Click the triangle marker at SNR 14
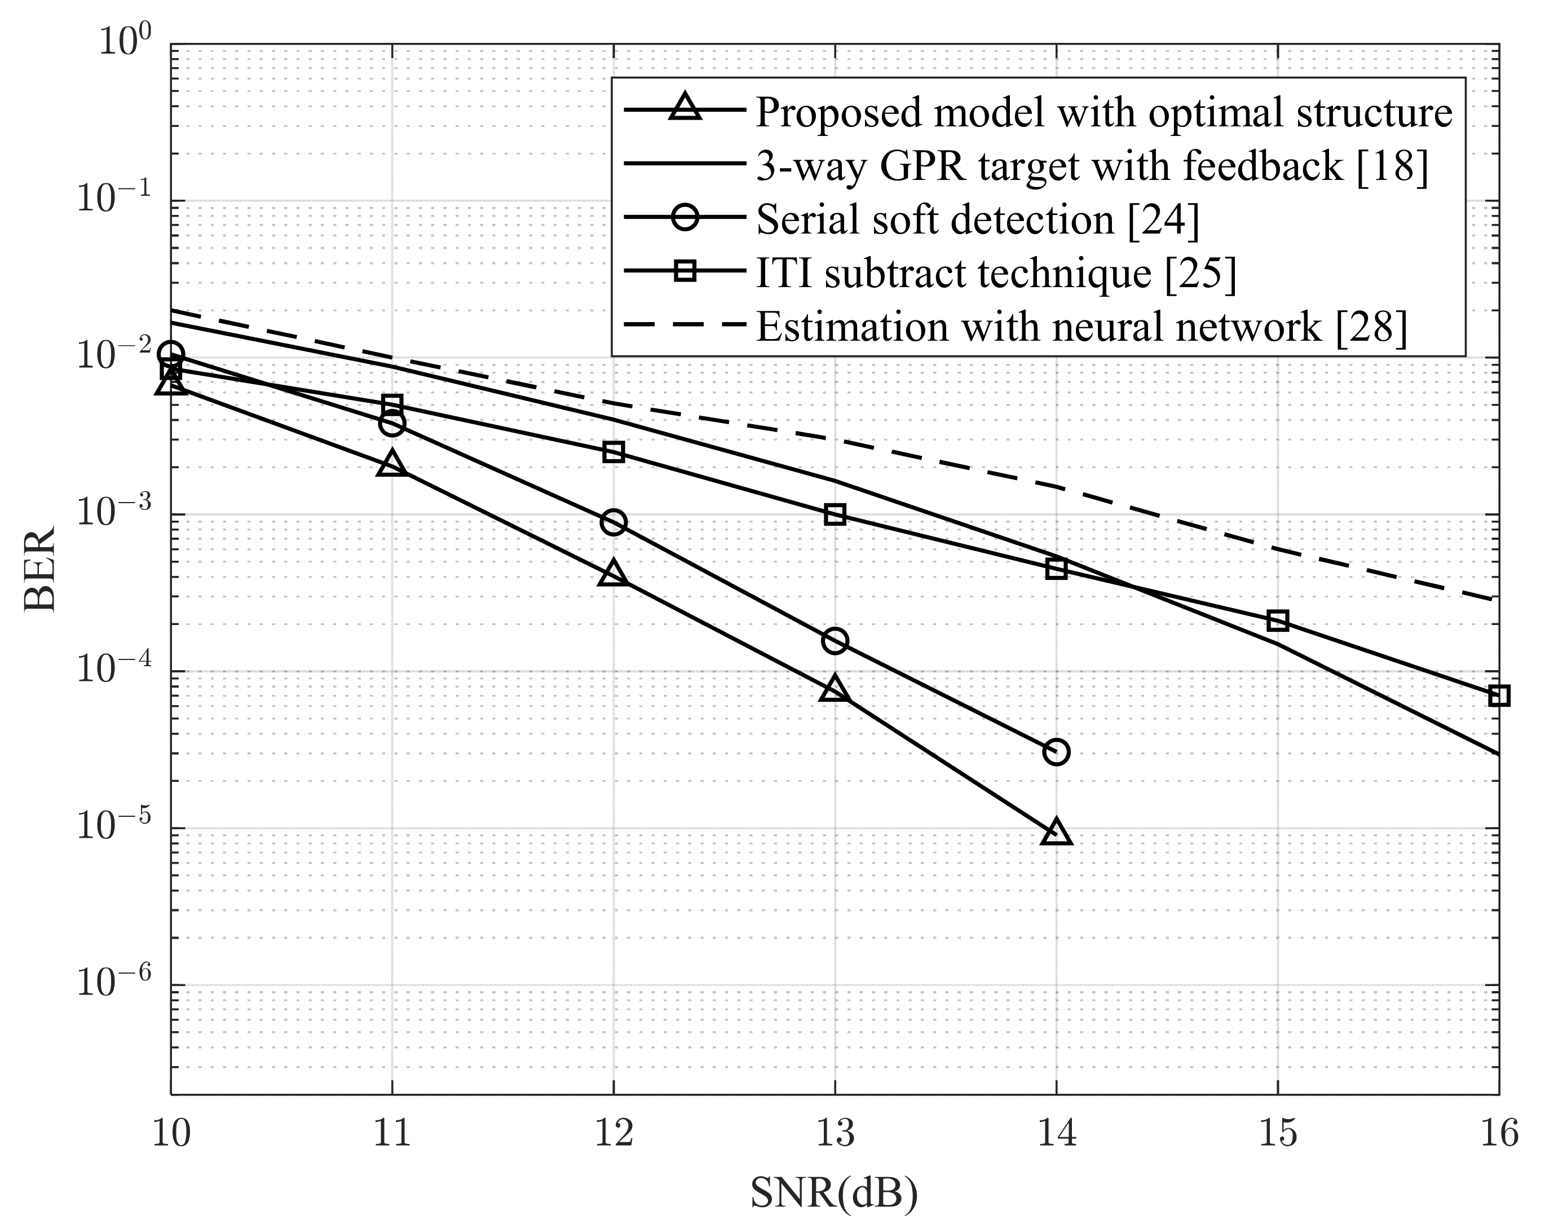click(x=1056, y=833)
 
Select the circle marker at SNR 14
click(x=1056, y=752)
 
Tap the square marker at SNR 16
click(x=1498, y=695)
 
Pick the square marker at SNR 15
click(x=1278, y=621)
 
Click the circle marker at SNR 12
click(x=613, y=522)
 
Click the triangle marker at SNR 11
click(x=392, y=464)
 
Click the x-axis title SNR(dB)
click(x=834, y=1193)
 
